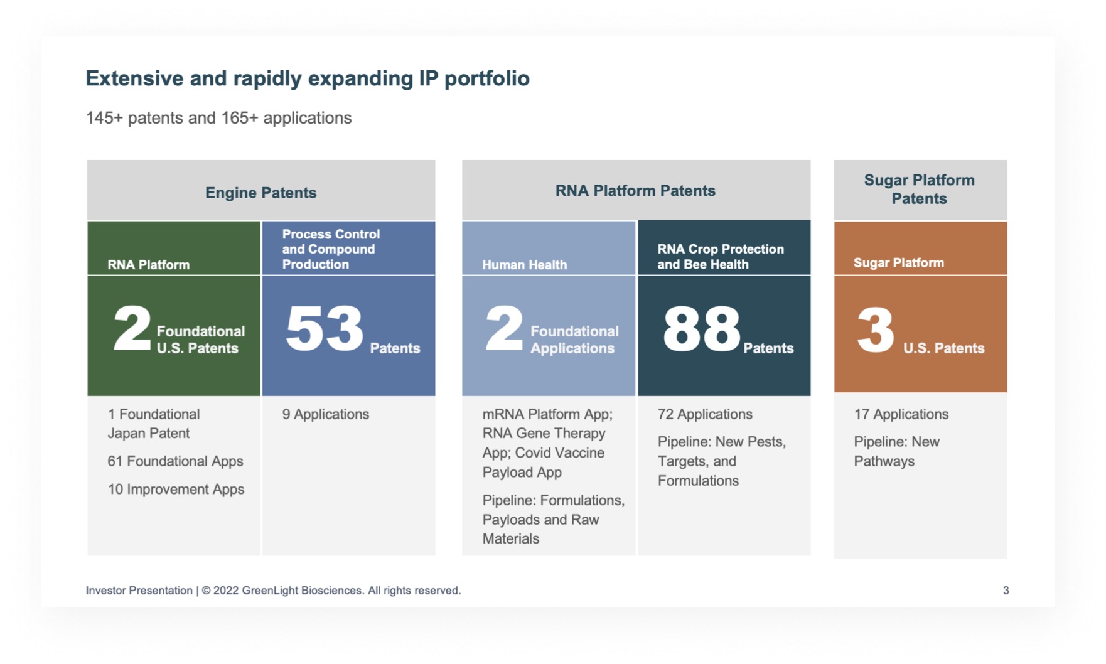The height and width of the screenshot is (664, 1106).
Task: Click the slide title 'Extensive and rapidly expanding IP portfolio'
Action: pos(308,78)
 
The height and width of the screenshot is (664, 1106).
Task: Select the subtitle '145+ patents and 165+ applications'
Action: pos(218,118)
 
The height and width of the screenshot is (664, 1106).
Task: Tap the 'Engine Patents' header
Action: pos(260,193)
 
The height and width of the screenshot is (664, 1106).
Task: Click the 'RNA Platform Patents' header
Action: pos(635,191)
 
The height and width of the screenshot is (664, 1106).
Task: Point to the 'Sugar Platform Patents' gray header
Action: pos(919,190)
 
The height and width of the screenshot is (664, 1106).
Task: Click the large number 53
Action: pos(325,329)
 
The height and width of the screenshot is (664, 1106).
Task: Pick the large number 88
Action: pos(701,329)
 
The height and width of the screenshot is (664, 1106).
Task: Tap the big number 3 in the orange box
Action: pos(875,330)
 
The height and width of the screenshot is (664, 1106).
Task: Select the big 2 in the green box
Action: pos(132,329)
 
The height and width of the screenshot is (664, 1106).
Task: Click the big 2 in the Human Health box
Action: pos(504,329)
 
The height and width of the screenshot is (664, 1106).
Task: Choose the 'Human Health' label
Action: pos(524,265)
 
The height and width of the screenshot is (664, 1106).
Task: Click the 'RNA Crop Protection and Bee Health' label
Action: pos(720,257)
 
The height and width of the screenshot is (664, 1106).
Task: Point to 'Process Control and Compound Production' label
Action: pos(331,249)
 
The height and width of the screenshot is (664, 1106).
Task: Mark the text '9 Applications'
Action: pos(325,414)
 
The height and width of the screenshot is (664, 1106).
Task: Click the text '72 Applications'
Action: pos(704,414)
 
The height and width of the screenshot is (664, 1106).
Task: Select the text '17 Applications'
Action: pos(901,414)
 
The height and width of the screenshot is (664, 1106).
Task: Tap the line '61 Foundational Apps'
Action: pos(175,461)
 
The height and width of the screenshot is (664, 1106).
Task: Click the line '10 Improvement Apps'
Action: pos(176,490)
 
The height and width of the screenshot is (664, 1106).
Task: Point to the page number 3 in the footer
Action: pos(1006,591)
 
